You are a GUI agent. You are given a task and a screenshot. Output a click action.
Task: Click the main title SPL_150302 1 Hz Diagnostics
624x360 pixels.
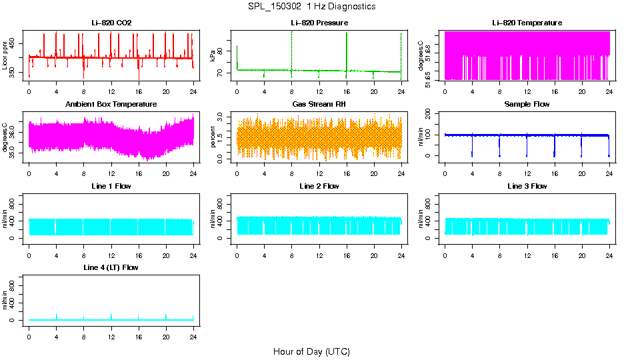click(x=311, y=7)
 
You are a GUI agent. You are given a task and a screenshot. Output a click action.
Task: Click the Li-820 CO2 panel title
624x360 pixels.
click(x=111, y=23)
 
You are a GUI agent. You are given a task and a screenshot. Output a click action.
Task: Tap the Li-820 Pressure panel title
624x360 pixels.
click(x=319, y=23)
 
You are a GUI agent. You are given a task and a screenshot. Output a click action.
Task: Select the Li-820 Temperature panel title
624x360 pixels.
click(x=527, y=23)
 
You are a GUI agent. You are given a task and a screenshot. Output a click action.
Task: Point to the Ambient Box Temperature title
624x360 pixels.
click(x=111, y=105)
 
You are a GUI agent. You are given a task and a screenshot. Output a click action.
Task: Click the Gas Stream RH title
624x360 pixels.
click(x=319, y=105)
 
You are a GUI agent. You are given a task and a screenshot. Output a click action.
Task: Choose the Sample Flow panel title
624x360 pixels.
click(x=527, y=105)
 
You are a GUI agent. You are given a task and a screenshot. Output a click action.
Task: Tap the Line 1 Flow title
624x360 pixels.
click(x=111, y=186)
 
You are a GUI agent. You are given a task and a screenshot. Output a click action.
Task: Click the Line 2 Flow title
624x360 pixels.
click(x=319, y=186)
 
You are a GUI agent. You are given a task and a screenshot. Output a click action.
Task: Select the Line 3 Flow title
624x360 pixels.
click(x=527, y=186)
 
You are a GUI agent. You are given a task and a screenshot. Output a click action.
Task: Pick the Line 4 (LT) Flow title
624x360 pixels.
click(x=111, y=267)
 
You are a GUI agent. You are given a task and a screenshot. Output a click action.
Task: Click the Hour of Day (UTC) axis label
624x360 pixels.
click(x=311, y=351)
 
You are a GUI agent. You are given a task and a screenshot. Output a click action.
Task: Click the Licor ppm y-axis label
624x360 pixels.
click(x=5, y=56)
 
